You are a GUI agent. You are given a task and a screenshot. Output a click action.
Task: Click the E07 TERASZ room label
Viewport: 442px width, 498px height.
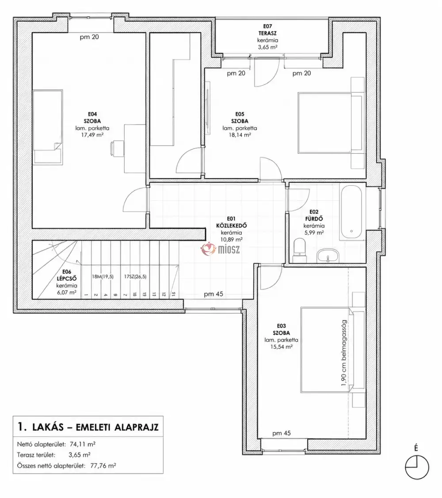click(267, 30)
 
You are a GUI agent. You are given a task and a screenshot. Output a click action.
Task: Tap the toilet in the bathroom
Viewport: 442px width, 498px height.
click(299, 251)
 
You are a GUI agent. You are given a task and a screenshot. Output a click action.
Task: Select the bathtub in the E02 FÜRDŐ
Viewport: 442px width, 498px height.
click(351, 213)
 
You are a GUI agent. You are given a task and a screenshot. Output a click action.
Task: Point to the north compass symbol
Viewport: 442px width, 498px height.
click(417, 467)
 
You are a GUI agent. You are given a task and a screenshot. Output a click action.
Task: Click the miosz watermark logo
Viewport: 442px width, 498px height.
click(220, 249)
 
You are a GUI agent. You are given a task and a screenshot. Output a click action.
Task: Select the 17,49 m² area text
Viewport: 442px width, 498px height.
click(92, 135)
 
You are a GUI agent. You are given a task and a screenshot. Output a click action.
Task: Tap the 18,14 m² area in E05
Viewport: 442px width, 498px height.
click(240, 135)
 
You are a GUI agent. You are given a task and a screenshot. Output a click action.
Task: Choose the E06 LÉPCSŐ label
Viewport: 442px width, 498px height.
click(66, 275)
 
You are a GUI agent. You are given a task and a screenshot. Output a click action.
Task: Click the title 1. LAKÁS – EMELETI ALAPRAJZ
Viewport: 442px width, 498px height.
click(88, 427)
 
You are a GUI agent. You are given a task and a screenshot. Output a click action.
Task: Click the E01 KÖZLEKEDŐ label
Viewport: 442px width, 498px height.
click(231, 222)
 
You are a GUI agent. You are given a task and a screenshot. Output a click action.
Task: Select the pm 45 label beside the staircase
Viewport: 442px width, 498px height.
click(213, 294)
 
